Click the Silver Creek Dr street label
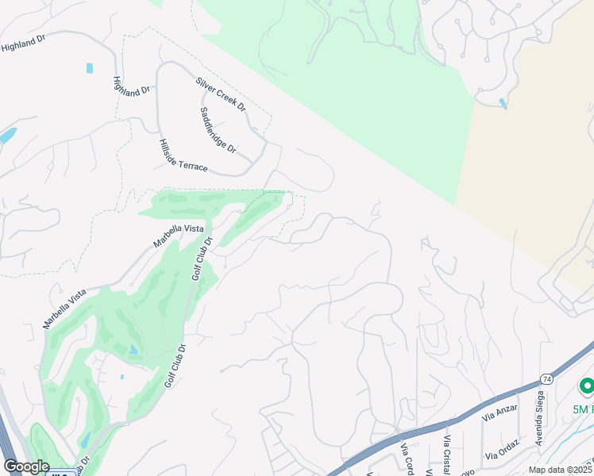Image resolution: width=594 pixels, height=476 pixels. [221, 94]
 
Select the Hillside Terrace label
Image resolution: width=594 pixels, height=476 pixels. [183, 155]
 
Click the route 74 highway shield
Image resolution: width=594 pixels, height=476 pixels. [546, 380]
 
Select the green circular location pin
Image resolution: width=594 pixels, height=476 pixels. [587, 386]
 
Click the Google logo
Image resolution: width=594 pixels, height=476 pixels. [25, 466]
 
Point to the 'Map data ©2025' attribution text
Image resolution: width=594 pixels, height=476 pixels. [561, 470]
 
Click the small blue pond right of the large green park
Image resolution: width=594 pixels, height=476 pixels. [502, 103]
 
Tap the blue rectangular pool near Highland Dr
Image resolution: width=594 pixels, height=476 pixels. [90, 68]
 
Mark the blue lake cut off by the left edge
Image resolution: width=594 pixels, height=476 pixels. [6, 136]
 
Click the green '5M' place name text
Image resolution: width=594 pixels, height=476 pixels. [582, 409]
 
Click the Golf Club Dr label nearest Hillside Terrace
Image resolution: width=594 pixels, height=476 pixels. [202, 259]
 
